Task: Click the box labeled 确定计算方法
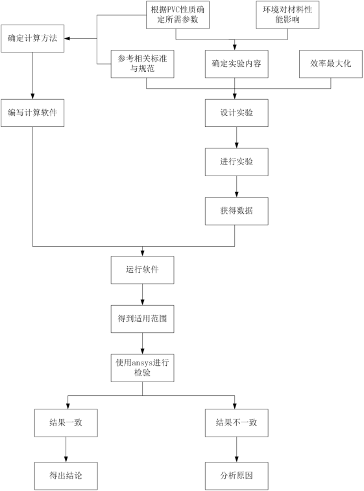(x=32, y=38)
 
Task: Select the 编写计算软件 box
(x=32, y=113)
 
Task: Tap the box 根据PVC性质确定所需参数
(x=178, y=15)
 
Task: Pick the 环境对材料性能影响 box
(x=287, y=15)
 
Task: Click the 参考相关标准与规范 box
(x=143, y=64)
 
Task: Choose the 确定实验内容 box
(x=237, y=64)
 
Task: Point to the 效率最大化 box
(x=331, y=64)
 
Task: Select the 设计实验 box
(x=237, y=113)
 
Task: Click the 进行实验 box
(x=237, y=162)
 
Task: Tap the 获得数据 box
(x=237, y=211)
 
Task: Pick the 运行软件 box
(x=143, y=270)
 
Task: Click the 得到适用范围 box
(x=143, y=319)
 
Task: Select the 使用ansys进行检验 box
(x=143, y=368)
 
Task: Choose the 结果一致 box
(x=66, y=423)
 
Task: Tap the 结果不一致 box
(x=237, y=423)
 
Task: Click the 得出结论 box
(x=66, y=476)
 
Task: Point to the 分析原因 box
(x=237, y=476)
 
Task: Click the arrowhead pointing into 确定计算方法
(x=67, y=38)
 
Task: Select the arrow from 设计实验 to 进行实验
(x=237, y=137)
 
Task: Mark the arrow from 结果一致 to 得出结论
(x=66, y=450)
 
